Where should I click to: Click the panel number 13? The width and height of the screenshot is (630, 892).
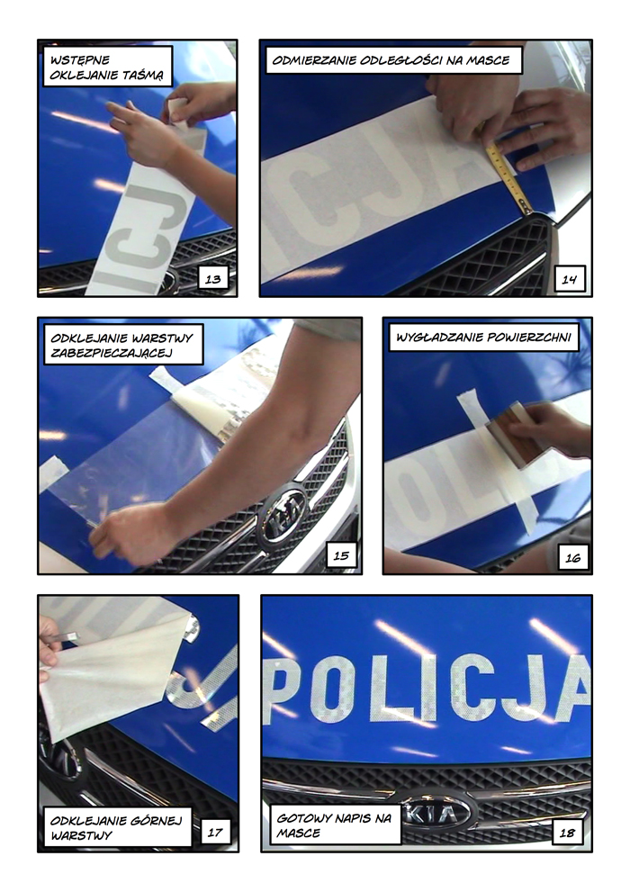[x=212, y=279]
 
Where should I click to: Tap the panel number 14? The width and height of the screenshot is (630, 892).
[x=569, y=279]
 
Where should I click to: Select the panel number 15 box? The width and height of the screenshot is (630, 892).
[x=341, y=555]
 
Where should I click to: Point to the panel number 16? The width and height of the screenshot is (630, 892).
[x=572, y=557]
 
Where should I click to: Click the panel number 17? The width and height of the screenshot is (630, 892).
[x=215, y=833]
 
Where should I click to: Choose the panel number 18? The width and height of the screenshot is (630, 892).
[x=567, y=833]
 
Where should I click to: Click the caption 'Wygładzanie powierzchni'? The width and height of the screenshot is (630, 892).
[x=484, y=338]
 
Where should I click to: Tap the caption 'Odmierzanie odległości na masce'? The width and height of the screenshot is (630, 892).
[x=391, y=60]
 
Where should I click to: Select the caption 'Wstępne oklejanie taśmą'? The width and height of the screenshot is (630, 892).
[x=107, y=68]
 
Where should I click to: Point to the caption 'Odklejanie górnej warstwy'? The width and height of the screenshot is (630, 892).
[x=117, y=828]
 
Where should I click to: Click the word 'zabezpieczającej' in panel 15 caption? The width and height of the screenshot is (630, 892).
[x=112, y=353]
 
